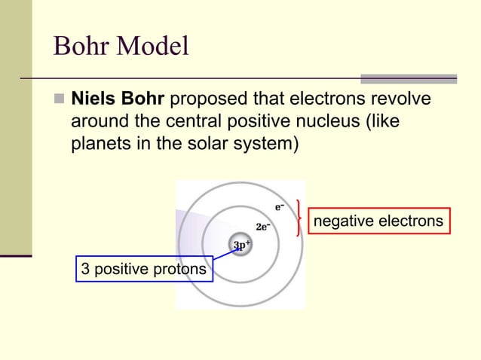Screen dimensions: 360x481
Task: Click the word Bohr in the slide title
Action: tap(81, 47)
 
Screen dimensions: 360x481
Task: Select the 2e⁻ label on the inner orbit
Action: tap(263, 226)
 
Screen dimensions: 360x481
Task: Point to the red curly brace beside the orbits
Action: tap(301, 218)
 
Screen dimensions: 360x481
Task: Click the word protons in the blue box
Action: tap(183, 269)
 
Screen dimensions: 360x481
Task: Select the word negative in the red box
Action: tap(341, 221)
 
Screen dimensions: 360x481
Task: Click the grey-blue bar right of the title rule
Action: tap(409, 78)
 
